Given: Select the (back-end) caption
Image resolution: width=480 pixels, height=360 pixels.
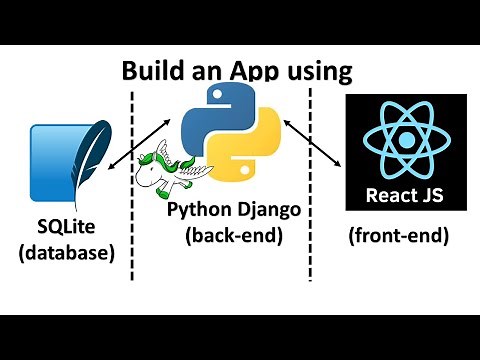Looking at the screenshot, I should click(236, 236).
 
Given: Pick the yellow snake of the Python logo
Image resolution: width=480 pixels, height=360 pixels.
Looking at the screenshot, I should click(251, 149).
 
